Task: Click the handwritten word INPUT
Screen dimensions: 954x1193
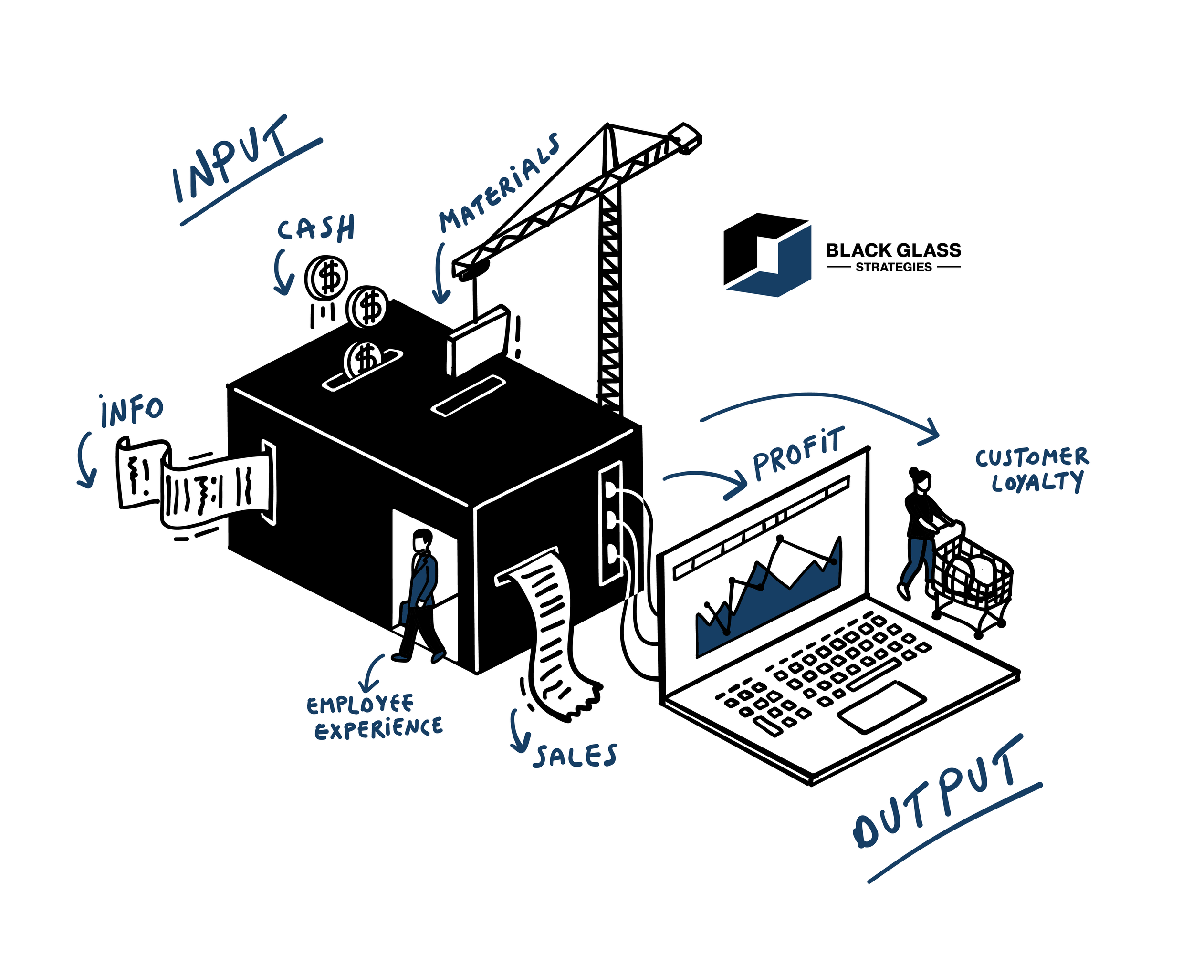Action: click(232, 160)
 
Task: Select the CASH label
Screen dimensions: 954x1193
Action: click(316, 228)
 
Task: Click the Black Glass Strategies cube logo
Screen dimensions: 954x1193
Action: click(767, 255)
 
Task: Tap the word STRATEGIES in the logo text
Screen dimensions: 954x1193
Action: click(894, 268)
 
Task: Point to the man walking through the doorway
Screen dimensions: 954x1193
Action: click(422, 592)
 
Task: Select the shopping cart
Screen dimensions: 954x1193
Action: click(974, 581)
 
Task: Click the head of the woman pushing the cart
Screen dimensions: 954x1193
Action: click(921, 480)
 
